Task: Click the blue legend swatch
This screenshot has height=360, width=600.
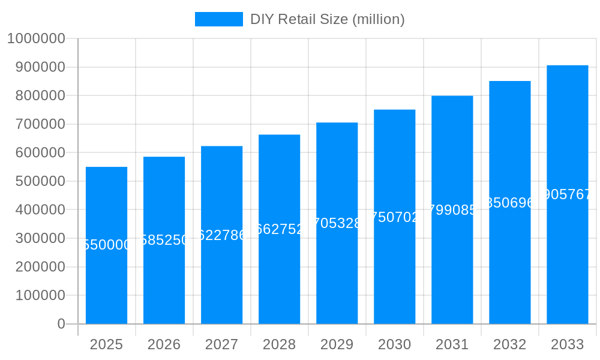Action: tap(218, 19)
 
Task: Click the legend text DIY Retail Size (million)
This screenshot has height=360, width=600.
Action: tap(327, 19)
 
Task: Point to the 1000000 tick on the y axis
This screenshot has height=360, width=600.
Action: tap(35, 38)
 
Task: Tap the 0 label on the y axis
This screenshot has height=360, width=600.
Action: tap(61, 324)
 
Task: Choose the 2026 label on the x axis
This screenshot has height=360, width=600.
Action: tap(164, 344)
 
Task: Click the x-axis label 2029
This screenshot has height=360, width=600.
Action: tap(337, 344)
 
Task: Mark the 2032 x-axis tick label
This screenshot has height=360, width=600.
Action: tap(509, 344)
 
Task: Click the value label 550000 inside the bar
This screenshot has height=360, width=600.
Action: tap(106, 245)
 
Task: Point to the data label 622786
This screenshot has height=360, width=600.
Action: tap(221, 235)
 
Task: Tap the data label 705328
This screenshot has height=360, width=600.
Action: tap(337, 223)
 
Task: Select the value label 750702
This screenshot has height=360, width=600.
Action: tap(394, 217)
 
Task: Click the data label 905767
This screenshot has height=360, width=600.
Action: tap(567, 194)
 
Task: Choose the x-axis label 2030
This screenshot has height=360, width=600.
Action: tap(394, 344)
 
